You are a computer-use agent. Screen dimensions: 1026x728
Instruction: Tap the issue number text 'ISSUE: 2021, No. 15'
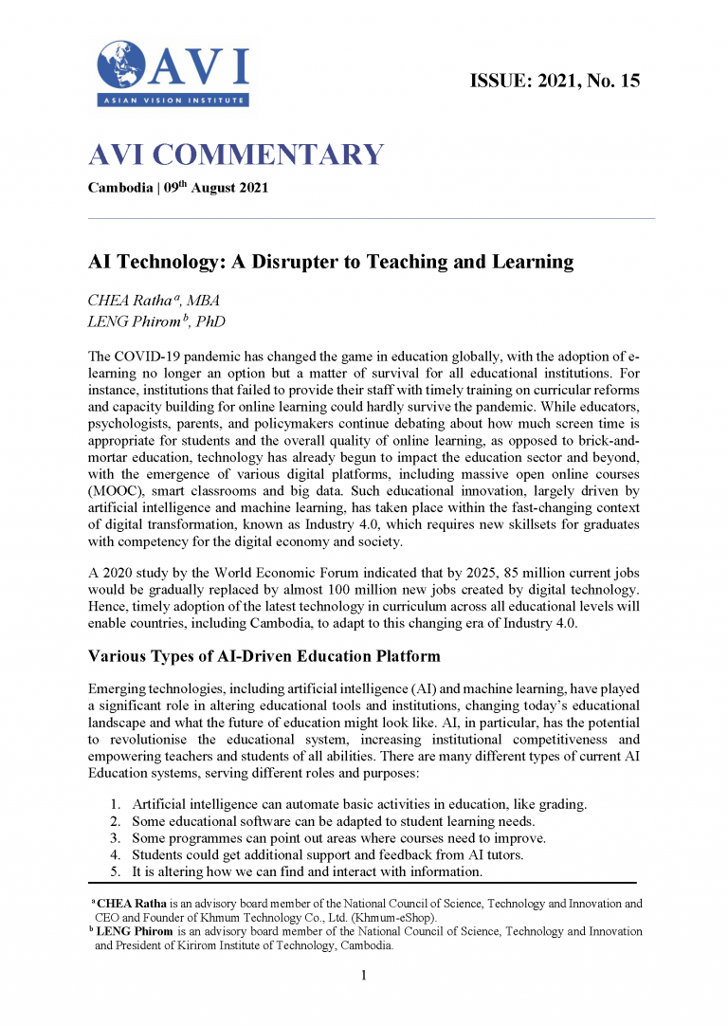click(x=555, y=81)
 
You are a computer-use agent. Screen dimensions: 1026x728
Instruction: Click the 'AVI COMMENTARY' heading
click(x=236, y=155)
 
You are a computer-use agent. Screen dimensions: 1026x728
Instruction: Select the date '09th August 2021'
click(x=216, y=187)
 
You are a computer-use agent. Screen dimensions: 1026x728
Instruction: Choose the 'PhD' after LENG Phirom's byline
click(x=212, y=322)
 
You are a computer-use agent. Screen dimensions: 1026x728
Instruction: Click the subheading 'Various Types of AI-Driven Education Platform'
click(x=264, y=655)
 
